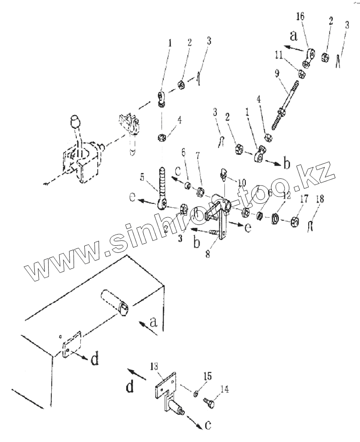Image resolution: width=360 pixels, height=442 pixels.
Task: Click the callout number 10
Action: click(x=242, y=182)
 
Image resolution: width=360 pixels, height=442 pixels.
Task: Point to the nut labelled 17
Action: click(x=294, y=221)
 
